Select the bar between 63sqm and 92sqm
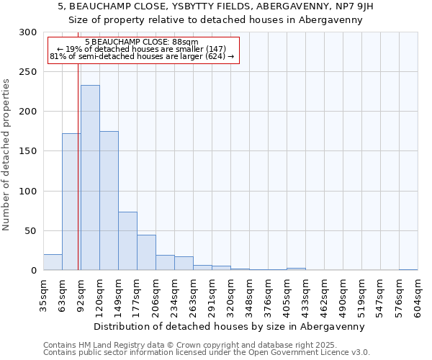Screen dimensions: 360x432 point(71,202)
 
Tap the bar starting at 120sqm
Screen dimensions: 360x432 point(109,201)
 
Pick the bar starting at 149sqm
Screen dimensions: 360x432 point(127,241)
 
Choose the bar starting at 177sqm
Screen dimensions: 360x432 point(146,253)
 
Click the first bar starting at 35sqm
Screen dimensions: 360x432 point(53,263)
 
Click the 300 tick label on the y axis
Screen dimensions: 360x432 point(28,32)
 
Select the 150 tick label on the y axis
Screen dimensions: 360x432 point(28,151)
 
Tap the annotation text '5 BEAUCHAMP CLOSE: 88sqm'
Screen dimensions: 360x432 point(141,42)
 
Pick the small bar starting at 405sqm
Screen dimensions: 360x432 point(296,269)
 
